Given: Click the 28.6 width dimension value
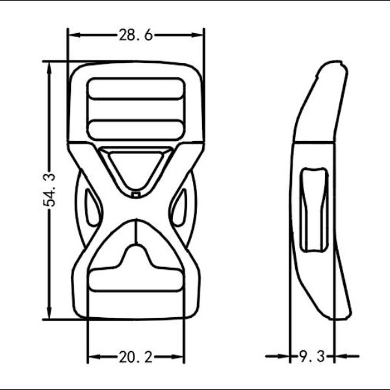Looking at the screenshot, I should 135,36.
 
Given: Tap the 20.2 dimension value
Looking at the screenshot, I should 135,356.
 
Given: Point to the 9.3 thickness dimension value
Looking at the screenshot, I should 311,356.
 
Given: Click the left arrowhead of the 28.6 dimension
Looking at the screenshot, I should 73,36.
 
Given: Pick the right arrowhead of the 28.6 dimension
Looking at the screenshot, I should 199,36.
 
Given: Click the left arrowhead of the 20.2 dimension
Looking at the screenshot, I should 92,356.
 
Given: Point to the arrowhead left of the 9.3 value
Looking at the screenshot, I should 285,356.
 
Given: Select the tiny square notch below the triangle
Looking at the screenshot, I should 135,193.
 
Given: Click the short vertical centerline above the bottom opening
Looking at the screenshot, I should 135,232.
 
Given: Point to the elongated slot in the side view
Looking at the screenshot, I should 313,208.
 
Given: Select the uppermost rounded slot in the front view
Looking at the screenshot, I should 135,89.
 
